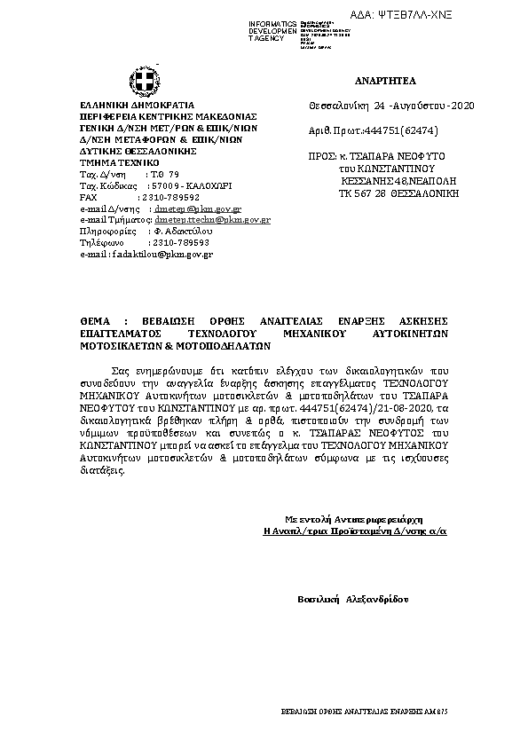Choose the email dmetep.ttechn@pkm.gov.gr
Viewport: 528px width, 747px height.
point(212,218)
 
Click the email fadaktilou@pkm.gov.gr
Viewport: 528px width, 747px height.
point(162,255)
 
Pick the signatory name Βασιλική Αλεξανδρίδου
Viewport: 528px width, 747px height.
point(352,600)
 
